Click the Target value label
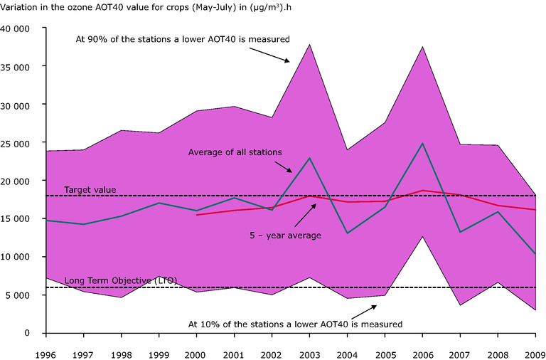pyautogui.click(x=90, y=190)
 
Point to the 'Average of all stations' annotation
pyautogui.click(x=235, y=152)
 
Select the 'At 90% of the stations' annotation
pyautogui.click(x=183, y=40)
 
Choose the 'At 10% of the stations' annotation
pyautogui.click(x=295, y=324)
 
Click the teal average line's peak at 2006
pyautogui.click(x=423, y=144)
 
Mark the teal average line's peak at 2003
pyautogui.click(x=308, y=158)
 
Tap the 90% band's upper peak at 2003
pyautogui.click(x=308, y=45)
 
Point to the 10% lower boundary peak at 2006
pyautogui.click(x=423, y=237)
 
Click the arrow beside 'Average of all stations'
pyautogui.click(x=284, y=166)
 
